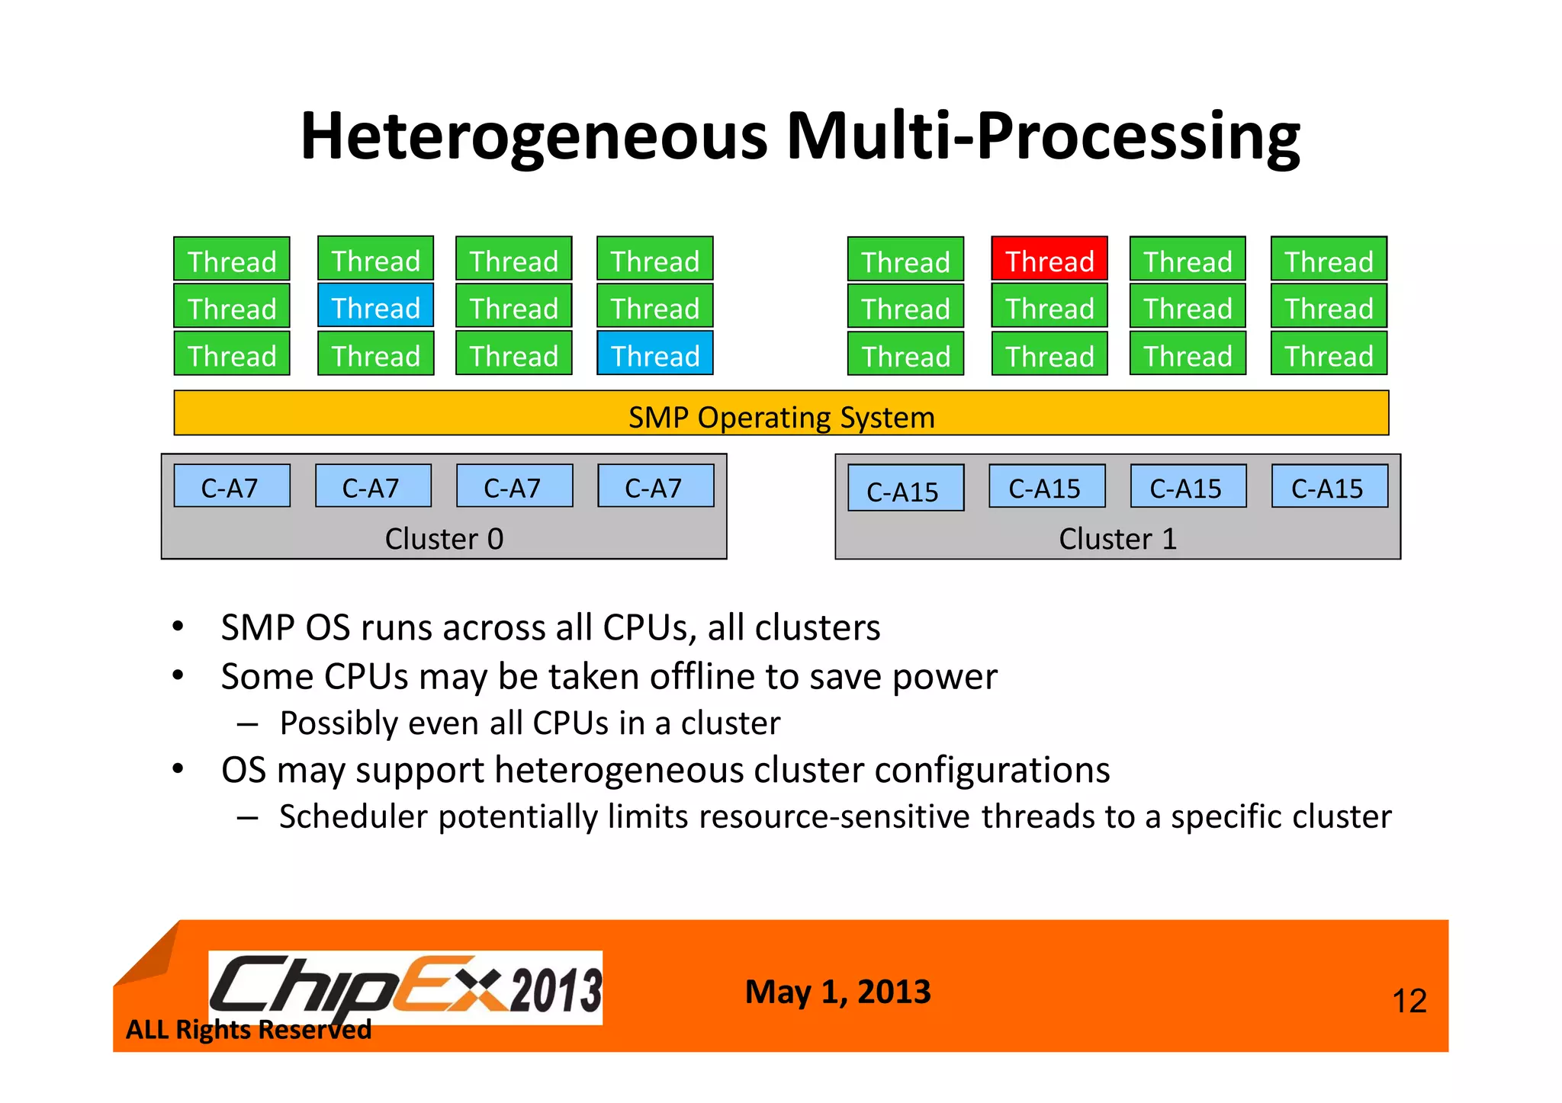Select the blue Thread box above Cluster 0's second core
[375, 307]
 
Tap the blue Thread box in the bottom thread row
[654, 355]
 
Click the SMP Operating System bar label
[781, 417]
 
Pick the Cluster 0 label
[444, 539]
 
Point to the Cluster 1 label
[1117, 539]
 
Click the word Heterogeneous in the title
[533, 137]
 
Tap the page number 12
[1409, 1001]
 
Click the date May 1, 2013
[837, 992]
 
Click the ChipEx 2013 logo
[405, 988]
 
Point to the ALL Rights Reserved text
[248, 1030]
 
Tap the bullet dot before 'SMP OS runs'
[178, 627]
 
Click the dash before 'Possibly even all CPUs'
[247, 723]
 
